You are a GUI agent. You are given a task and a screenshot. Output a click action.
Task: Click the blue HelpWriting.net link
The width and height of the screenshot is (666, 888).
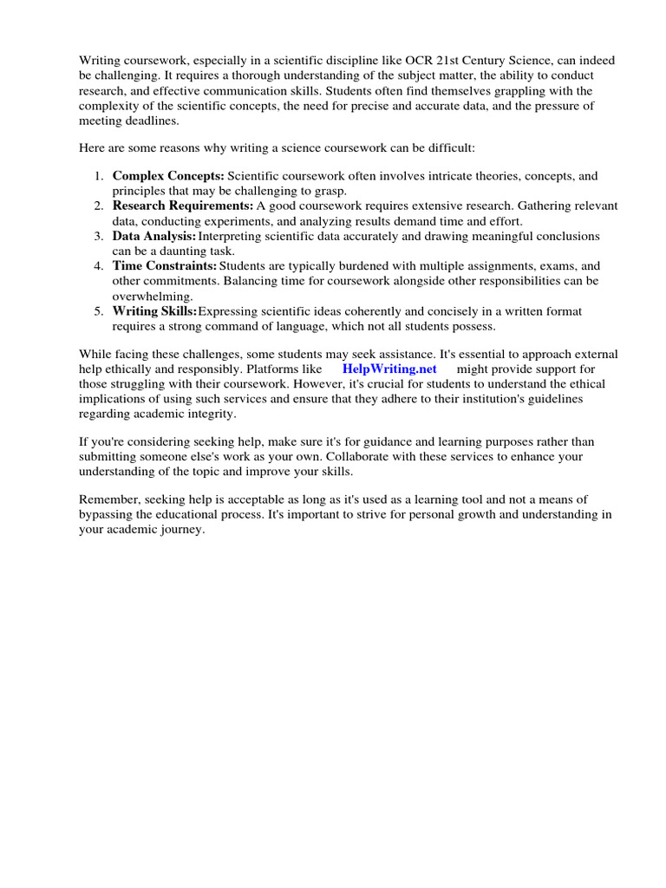tap(389, 369)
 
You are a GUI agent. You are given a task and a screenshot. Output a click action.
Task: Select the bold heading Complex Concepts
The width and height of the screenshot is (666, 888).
tap(168, 176)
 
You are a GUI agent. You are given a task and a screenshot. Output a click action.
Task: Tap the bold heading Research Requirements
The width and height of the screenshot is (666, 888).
tap(182, 206)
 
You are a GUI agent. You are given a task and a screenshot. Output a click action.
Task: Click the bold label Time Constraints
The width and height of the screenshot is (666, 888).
tap(165, 265)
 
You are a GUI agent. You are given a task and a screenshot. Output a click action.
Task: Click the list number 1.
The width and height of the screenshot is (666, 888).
tap(98, 176)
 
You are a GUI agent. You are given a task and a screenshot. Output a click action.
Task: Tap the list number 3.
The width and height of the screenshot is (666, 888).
tap(98, 236)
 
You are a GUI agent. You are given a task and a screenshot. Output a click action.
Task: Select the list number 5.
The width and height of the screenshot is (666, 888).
tap(98, 311)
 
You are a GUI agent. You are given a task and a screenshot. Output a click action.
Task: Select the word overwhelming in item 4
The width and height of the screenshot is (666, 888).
tap(152, 296)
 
